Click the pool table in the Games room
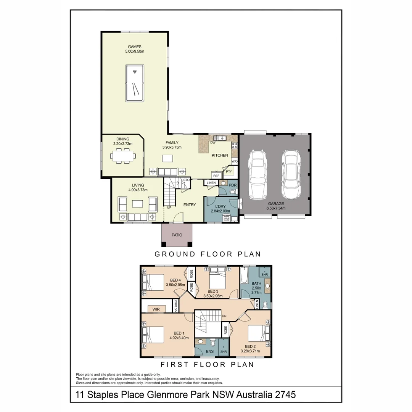click(x=134, y=83)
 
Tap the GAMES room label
click(x=135, y=48)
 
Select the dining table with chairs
click(x=123, y=156)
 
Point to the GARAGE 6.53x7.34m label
click(x=276, y=206)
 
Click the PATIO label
click(x=177, y=235)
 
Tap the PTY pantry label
click(x=229, y=172)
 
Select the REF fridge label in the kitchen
click(x=216, y=176)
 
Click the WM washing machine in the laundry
click(x=226, y=219)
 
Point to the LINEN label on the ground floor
click(x=211, y=183)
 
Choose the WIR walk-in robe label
click(x=156, y=309)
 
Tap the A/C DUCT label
click(x=176, y=306)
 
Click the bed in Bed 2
click(x=258, y=333)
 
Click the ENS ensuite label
click(x=210, y=351)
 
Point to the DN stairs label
click(x=224, y=316)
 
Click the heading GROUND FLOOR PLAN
click(x=208, y=254)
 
